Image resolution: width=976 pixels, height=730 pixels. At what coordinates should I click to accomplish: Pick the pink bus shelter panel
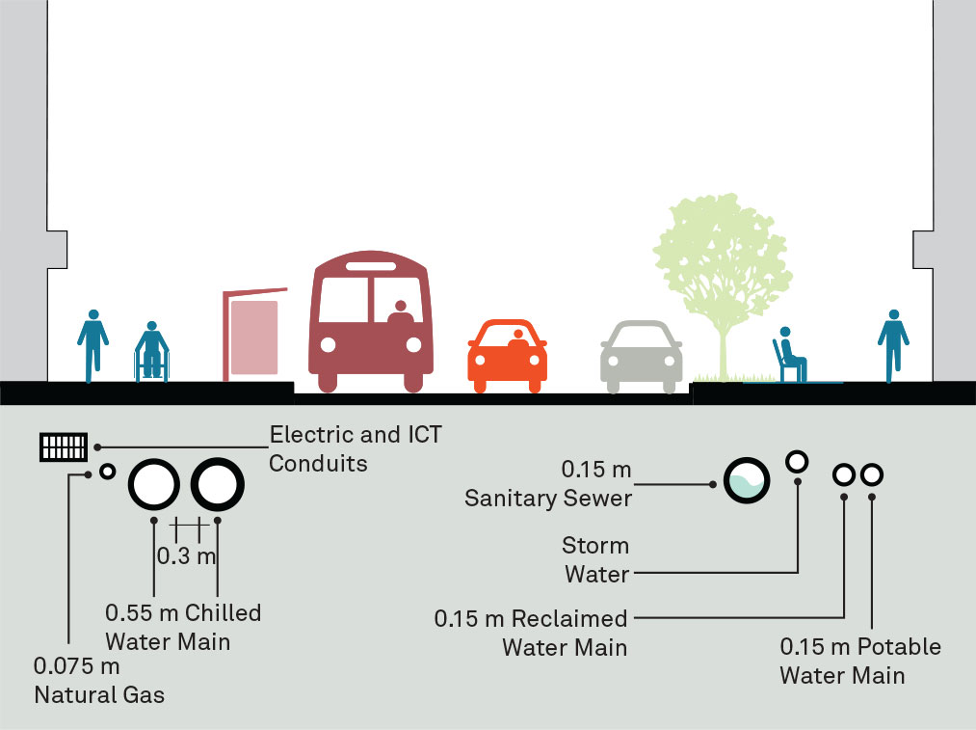pyautogui.click(x=254, y=337)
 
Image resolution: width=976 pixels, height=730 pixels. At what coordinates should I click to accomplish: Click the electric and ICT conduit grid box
pyautogui.click(x=64, y=447)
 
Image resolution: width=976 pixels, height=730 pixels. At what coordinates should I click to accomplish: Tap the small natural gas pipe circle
pyautogui.click(x=108, y=472)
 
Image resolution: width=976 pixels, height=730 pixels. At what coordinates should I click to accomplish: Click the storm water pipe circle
pyautogui.click(x=797, y=461)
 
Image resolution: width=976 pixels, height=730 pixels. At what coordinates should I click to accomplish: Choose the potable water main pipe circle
pyautogui.click(x=871, y=474)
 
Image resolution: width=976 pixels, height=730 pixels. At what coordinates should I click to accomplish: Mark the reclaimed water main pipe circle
pyautogui.click(x=844, y=474)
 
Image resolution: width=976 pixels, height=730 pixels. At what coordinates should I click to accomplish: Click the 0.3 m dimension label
pyautogui.click(x=186, y=555)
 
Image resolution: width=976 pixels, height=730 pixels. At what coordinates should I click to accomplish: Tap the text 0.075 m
pyautogui.click(x=77, y=666)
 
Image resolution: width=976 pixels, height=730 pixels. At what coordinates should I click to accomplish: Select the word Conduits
pyautogui.click(x=318, y=464)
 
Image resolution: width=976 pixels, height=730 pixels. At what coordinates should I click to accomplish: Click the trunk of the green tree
pyautogui.click(x=723, y=347)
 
